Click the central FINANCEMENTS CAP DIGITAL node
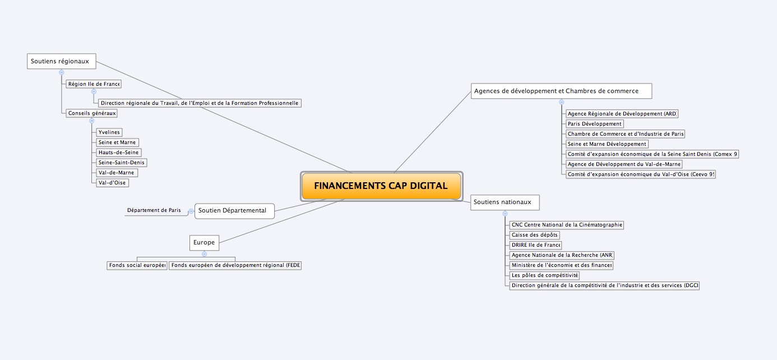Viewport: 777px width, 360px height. click(382, 186)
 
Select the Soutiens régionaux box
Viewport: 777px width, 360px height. click(62, 61)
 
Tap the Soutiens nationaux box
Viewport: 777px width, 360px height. click(505, 202)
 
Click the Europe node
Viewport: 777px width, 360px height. click(204, 242)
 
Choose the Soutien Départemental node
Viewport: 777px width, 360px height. click(234, 211)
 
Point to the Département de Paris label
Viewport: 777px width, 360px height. click(154, 210)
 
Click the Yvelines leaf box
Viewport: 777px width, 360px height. click(109, 132)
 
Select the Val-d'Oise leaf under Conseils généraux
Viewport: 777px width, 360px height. click(112, 183)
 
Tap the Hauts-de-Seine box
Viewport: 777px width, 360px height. click(119, 153)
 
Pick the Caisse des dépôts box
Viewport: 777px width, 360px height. click(534, 235)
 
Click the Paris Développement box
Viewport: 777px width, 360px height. click(595, 124)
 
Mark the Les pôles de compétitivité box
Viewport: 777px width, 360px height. click(544, 275)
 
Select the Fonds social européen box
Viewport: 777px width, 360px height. click(137, 265)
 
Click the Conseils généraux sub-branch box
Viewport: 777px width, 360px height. click(91, 113)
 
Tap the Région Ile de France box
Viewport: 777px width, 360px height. click(94, 84)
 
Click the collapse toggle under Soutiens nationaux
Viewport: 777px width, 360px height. click(505, 214)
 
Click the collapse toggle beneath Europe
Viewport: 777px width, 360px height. click(204, 254)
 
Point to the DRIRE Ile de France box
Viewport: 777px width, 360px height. click(535, 245)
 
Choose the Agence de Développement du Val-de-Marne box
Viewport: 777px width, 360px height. click(624, 164)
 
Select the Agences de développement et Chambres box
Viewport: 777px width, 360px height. click(561, 91)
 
